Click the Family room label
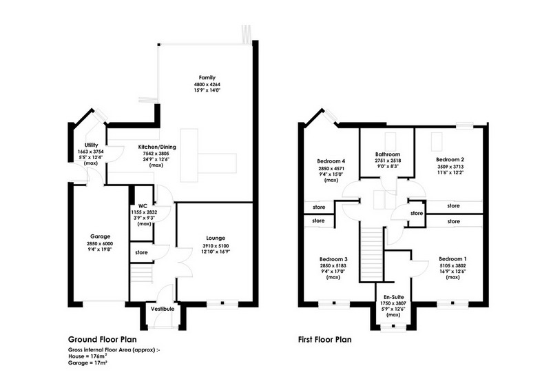coord(207,78)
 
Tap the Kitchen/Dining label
coord(157,147)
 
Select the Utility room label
coord(91,145)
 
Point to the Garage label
coord(100,236)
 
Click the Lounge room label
coord(216,238)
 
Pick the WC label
coord(143,206)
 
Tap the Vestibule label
coord(163,309)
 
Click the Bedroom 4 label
coord(331,161)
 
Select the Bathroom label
coord(388,154)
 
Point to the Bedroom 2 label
coord(450,159)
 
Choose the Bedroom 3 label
coord(333,259)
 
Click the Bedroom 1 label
coord(453,259)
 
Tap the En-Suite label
coord(393,297)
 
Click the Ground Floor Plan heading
coord(102,340)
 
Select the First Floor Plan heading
coord(324,340)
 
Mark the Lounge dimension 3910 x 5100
coord(216,246)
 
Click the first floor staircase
coord(372,254)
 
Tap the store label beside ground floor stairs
coord(141,252)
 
